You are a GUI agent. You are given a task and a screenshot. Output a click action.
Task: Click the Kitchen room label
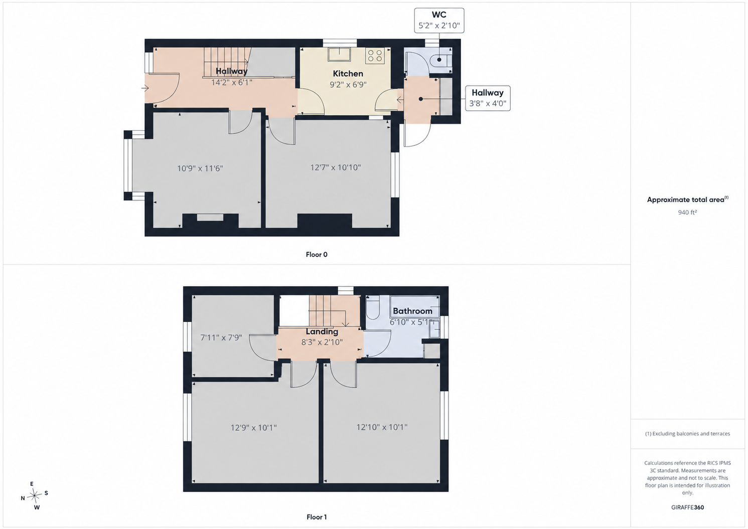348,74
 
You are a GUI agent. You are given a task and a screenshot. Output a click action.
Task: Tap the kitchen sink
339,55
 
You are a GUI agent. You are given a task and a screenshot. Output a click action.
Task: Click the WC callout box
439,21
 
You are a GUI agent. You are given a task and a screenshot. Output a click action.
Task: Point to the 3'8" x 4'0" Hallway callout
488,98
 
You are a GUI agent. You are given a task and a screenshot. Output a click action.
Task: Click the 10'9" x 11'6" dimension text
200,168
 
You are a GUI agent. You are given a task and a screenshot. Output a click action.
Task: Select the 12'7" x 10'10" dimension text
336,167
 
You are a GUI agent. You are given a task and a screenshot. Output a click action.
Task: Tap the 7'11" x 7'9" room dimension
221,338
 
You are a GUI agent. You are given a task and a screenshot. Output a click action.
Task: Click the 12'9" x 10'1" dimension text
254,428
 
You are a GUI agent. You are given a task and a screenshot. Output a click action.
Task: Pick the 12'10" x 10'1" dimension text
382,427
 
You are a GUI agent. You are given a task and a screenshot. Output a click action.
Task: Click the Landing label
322,332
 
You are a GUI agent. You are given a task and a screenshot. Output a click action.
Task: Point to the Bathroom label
412,311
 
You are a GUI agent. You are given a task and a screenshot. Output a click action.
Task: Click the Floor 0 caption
317,255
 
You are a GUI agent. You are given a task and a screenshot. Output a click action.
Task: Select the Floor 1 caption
317,517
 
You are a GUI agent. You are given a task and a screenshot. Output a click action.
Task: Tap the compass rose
35,495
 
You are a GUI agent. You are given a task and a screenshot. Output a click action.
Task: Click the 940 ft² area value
687,212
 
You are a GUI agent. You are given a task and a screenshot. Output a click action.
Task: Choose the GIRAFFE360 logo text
687,507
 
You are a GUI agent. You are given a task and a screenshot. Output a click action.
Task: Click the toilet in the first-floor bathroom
372,308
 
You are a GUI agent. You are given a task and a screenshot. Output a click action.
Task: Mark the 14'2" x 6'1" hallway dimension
231,82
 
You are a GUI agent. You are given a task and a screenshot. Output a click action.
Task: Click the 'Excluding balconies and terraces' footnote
687,434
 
